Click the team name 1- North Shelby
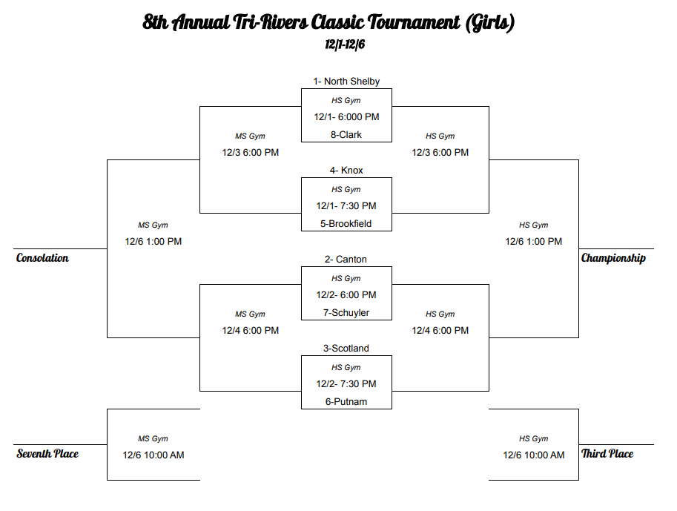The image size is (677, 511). [x=346, y=82]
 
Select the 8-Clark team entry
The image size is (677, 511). [x=346, y=135]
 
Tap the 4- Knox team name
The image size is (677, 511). [x=346, y=171]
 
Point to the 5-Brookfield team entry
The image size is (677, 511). [x=346, y=224]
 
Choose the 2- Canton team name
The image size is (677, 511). [x=346, y=260]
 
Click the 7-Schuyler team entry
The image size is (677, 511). [x=346, y=313]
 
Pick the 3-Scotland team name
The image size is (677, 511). [x=346, y=349]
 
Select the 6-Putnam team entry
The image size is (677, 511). [x=346, y=402]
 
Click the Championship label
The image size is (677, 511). [x=613, y=258]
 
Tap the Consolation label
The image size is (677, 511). [x=42, y=258]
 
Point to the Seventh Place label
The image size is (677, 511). [x=47, y=454]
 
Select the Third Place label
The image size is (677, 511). [x=607, y=454]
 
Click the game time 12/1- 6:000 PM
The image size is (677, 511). [x=346, y=117]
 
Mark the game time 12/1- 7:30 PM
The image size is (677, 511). [x=346, y=206]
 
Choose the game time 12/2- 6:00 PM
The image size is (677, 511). [x=346, y=295]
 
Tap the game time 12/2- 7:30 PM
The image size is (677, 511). [x=346, y=384]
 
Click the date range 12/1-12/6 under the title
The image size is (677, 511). [x=345, y=44]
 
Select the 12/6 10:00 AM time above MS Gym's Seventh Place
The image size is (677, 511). [x=153, y=455]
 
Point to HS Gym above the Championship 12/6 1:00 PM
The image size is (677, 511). [x=534, y=225]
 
